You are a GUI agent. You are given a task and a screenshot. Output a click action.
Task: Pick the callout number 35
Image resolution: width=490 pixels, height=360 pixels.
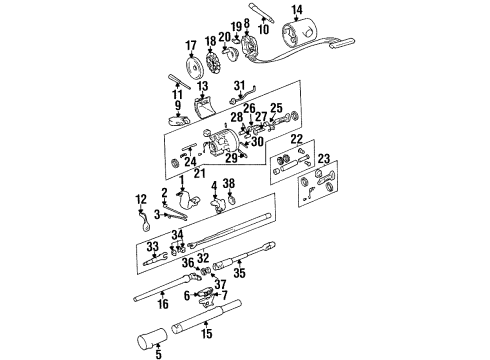[237, 272]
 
